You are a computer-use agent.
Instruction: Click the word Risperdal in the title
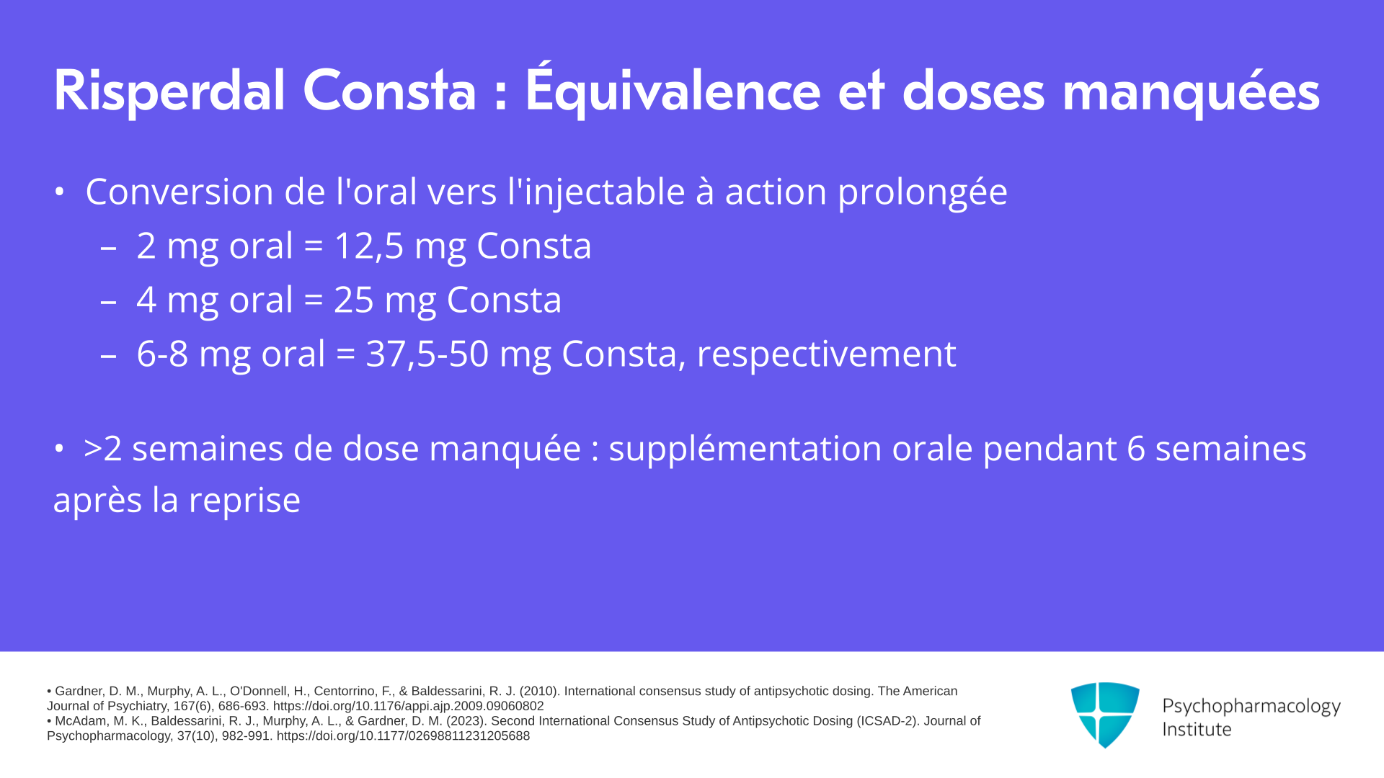coord(169,91)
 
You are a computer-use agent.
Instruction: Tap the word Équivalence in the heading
coord(673,89)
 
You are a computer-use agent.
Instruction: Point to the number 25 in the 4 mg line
coord(353,300)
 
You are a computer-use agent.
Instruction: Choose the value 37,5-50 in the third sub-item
coord(427,354)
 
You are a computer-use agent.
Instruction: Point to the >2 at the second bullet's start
coord(102,449)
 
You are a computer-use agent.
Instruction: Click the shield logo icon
coord(1105,715)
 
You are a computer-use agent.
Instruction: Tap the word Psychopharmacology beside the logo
coord(1251,707)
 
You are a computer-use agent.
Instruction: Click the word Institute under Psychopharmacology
coord(1197,730)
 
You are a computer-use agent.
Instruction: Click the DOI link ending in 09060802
coord(408,707)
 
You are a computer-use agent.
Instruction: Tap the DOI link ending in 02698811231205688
coord(403,736)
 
